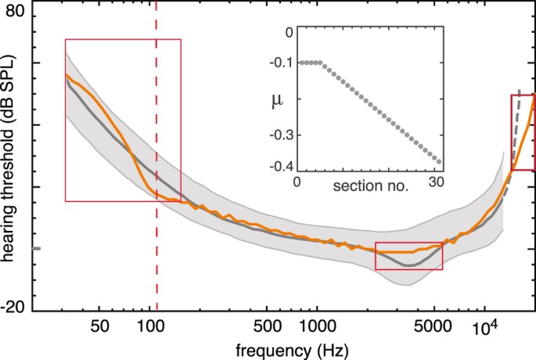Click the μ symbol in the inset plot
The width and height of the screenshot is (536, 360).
(x=276, y=100)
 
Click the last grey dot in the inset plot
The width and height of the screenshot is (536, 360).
(x=440, y=163)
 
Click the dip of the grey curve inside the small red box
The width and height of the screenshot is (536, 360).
(x=408, y=265)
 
